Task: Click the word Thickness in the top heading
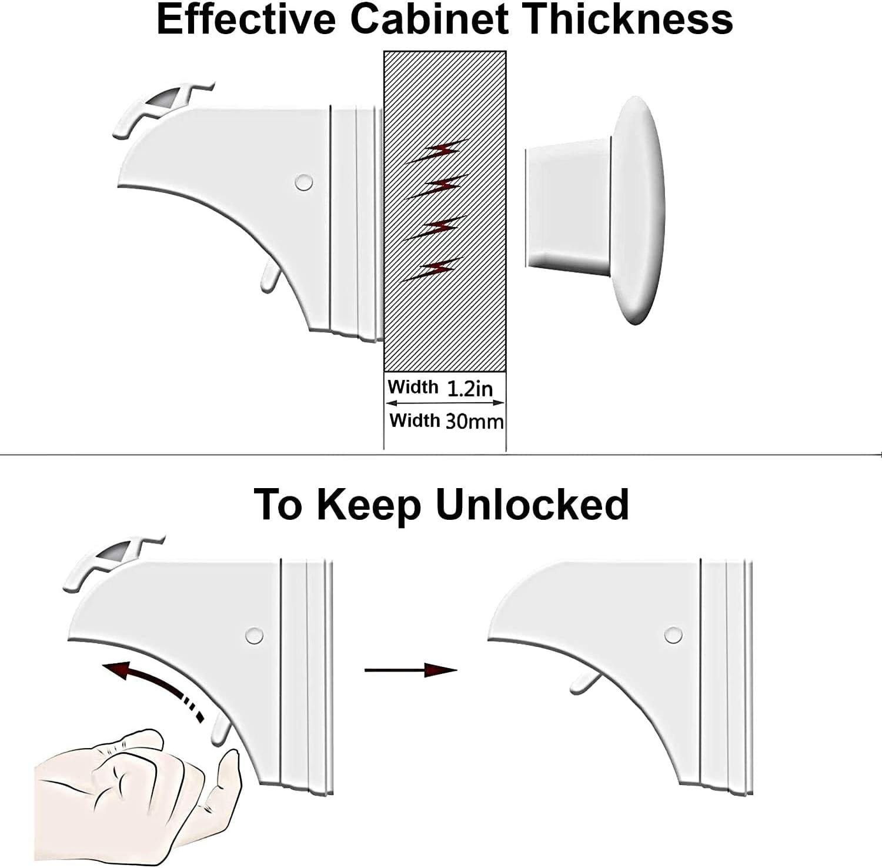tap(627, 20)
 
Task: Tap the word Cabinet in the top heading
tap(430, 20)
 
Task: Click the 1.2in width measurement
tap(470, 388)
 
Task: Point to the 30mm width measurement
tap(475, 421)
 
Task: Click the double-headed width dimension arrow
tap(445, 403)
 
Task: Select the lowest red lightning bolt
tap(433, 269)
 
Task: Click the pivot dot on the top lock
tap(303, 182)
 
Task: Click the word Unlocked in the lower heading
tap(532, 505)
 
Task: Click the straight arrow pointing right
tap(410, 670)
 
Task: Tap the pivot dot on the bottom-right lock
tap(673, 635)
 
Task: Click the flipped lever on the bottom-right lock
tap(584, 682)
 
